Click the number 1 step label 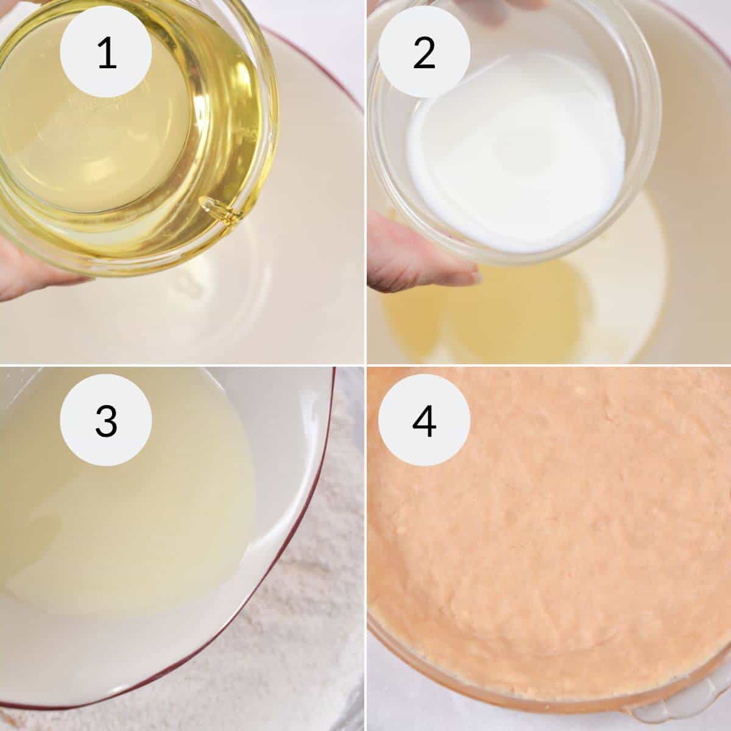coord(107,52)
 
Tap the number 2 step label coord(424,52)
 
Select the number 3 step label coord(107,421)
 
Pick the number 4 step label coord(424,421)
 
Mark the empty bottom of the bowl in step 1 coord(244,305)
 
